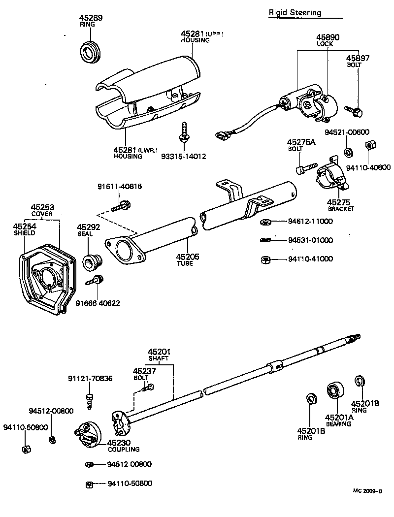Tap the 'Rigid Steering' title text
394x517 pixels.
pos(295,13)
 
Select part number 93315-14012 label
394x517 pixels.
pos(183,156)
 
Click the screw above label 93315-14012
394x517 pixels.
pos(184,131)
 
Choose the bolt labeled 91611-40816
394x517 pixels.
pos(121,205)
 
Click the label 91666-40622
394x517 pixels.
pos(98,303)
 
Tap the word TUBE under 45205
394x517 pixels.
pos(185,263)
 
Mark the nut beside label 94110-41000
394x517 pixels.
pos(264,259)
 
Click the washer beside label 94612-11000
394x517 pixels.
pos(264,222)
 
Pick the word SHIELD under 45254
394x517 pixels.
pos(24,233)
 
